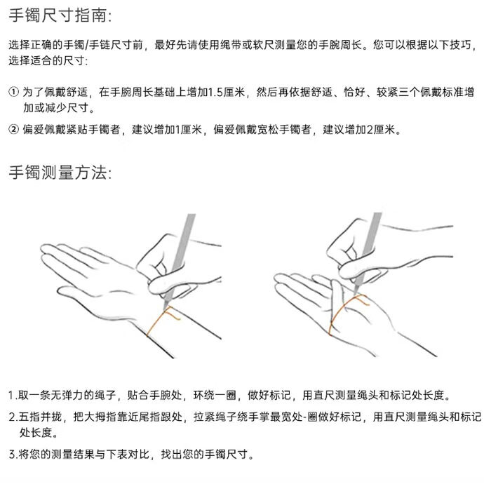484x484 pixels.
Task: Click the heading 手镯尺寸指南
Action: click(60, 15)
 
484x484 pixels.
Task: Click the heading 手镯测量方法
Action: click(60, 173)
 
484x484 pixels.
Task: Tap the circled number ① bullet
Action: click(14, 92)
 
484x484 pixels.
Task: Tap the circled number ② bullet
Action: click(14, 129)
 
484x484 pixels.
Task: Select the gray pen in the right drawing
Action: click(368, 250)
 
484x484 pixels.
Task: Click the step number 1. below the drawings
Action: click(13, 395)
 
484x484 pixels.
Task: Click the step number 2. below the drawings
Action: click(13, 417)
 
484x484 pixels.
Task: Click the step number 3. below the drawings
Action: click(13, 454)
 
